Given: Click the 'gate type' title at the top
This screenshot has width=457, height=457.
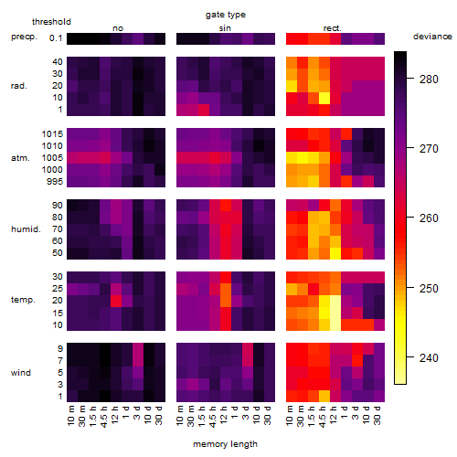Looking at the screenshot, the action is (x=226, y=15).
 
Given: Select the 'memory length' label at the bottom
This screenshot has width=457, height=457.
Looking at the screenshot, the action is (x=225, y=444).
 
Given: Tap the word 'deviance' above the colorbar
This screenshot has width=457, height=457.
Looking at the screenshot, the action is (x=432, y=37).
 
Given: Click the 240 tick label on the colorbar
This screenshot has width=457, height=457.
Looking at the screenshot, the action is (x=429, y=358).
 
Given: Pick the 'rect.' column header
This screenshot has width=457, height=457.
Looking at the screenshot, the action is (x=333, y=28).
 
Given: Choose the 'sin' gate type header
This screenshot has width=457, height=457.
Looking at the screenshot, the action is (x=225, y=28).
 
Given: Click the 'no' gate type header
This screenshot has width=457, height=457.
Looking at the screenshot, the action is (x=118, y=28).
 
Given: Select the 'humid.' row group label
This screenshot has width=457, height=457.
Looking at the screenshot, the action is (x=26, y=229).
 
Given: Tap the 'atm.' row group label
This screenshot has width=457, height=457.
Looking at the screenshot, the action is (x=20, y=158).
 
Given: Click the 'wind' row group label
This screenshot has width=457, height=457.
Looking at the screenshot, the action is (x=21, y=373).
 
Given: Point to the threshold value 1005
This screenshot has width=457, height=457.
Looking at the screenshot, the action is (x=52, y=158).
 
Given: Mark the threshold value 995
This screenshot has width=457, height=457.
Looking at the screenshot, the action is (x=55, y=182).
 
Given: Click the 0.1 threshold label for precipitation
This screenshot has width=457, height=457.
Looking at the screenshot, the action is (x=56, y=38).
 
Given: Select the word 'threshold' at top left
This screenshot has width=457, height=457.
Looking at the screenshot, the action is (x=51, y=22).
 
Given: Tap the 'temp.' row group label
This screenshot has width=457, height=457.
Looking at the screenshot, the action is (x=23, y=300).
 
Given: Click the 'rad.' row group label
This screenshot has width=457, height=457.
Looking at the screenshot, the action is (x=19, y=86).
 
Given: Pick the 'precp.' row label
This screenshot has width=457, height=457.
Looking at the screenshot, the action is (x=24, y=37).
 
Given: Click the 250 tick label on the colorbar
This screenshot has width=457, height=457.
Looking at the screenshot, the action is (x=429, y=288).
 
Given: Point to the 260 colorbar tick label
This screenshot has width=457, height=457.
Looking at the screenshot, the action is (x=429, y=218).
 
